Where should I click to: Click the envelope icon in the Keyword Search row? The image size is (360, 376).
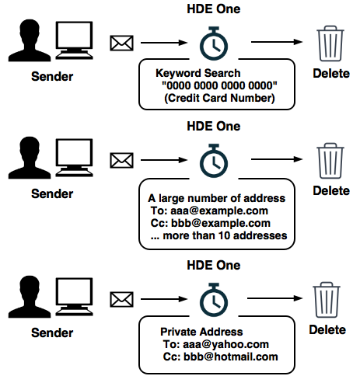click(121, 43)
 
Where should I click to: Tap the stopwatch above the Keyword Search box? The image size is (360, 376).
click(214, 44)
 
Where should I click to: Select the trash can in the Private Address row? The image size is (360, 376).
click(327, 300)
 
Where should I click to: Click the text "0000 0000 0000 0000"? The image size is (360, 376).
click(219, 85)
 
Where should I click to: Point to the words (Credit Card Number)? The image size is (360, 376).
click(219, 98)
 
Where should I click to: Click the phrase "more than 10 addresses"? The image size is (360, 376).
click(225, 235)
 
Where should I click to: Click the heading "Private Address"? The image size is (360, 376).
click(201, 332)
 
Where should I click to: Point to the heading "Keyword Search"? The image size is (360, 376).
click(197, 73)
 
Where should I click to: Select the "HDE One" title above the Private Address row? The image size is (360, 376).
click(214, 265)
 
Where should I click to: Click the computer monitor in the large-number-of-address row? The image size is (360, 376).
click(74, 158)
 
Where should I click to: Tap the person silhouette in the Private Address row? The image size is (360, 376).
click(30, 297)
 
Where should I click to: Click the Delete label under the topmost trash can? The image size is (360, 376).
click(331, 74)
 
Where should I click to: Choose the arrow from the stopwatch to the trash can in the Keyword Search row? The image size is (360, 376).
click(277, 42)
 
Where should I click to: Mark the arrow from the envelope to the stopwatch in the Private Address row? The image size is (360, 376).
click(164, 299)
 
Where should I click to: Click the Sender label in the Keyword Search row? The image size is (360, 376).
click(52, 77)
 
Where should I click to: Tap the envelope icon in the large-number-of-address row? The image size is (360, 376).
click(121, 160)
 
